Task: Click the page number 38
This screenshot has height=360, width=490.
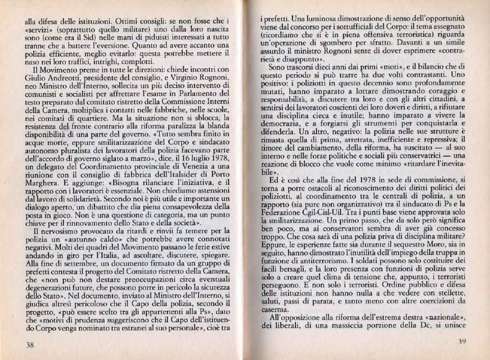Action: (30, 345)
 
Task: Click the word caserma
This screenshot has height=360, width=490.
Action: (274, 309)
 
